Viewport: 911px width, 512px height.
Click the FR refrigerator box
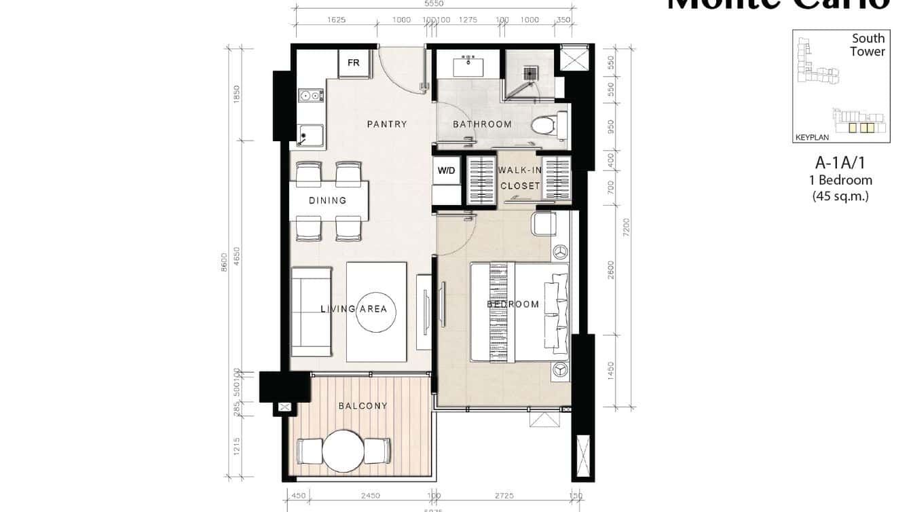click(x=354, y=63)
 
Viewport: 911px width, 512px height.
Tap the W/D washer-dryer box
click(x=446, y=170)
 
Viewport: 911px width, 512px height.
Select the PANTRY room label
click(x=387, y=124)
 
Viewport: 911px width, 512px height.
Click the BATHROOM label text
click(x=482, y=124)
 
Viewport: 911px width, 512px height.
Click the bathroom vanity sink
click(x=469, y=67)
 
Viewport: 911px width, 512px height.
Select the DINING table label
click(x=328, y=200)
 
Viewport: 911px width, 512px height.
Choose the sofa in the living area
click(x=312, y=312)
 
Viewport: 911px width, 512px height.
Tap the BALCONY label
click(x=363, y=406)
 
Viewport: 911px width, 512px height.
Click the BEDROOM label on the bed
click(x=513, y=304)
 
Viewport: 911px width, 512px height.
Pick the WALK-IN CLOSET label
click(x=520, y=178)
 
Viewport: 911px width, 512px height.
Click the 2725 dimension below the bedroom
click(x=504, y=496)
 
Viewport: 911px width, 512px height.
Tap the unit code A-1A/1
click(x=840, y=163)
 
